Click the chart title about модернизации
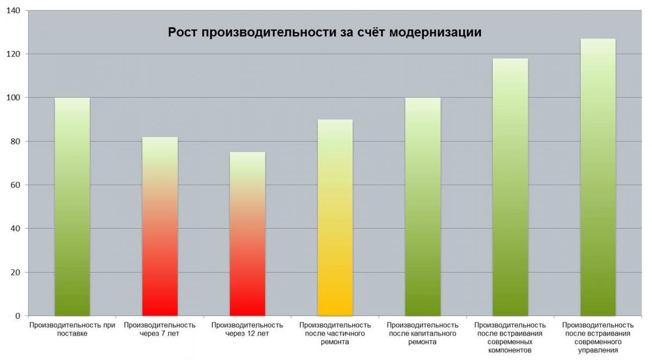pos(324,33)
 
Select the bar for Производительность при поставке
pos(72,206)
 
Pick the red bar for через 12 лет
pos(247,233)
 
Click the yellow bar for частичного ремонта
pos(335,217)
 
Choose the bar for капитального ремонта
pos(423,206)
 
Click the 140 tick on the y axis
pos(14,11)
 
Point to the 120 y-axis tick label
pos(14,54)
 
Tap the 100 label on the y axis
pos(14,98)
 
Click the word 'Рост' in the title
pos(183,33)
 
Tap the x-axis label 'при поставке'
pos(72,330)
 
